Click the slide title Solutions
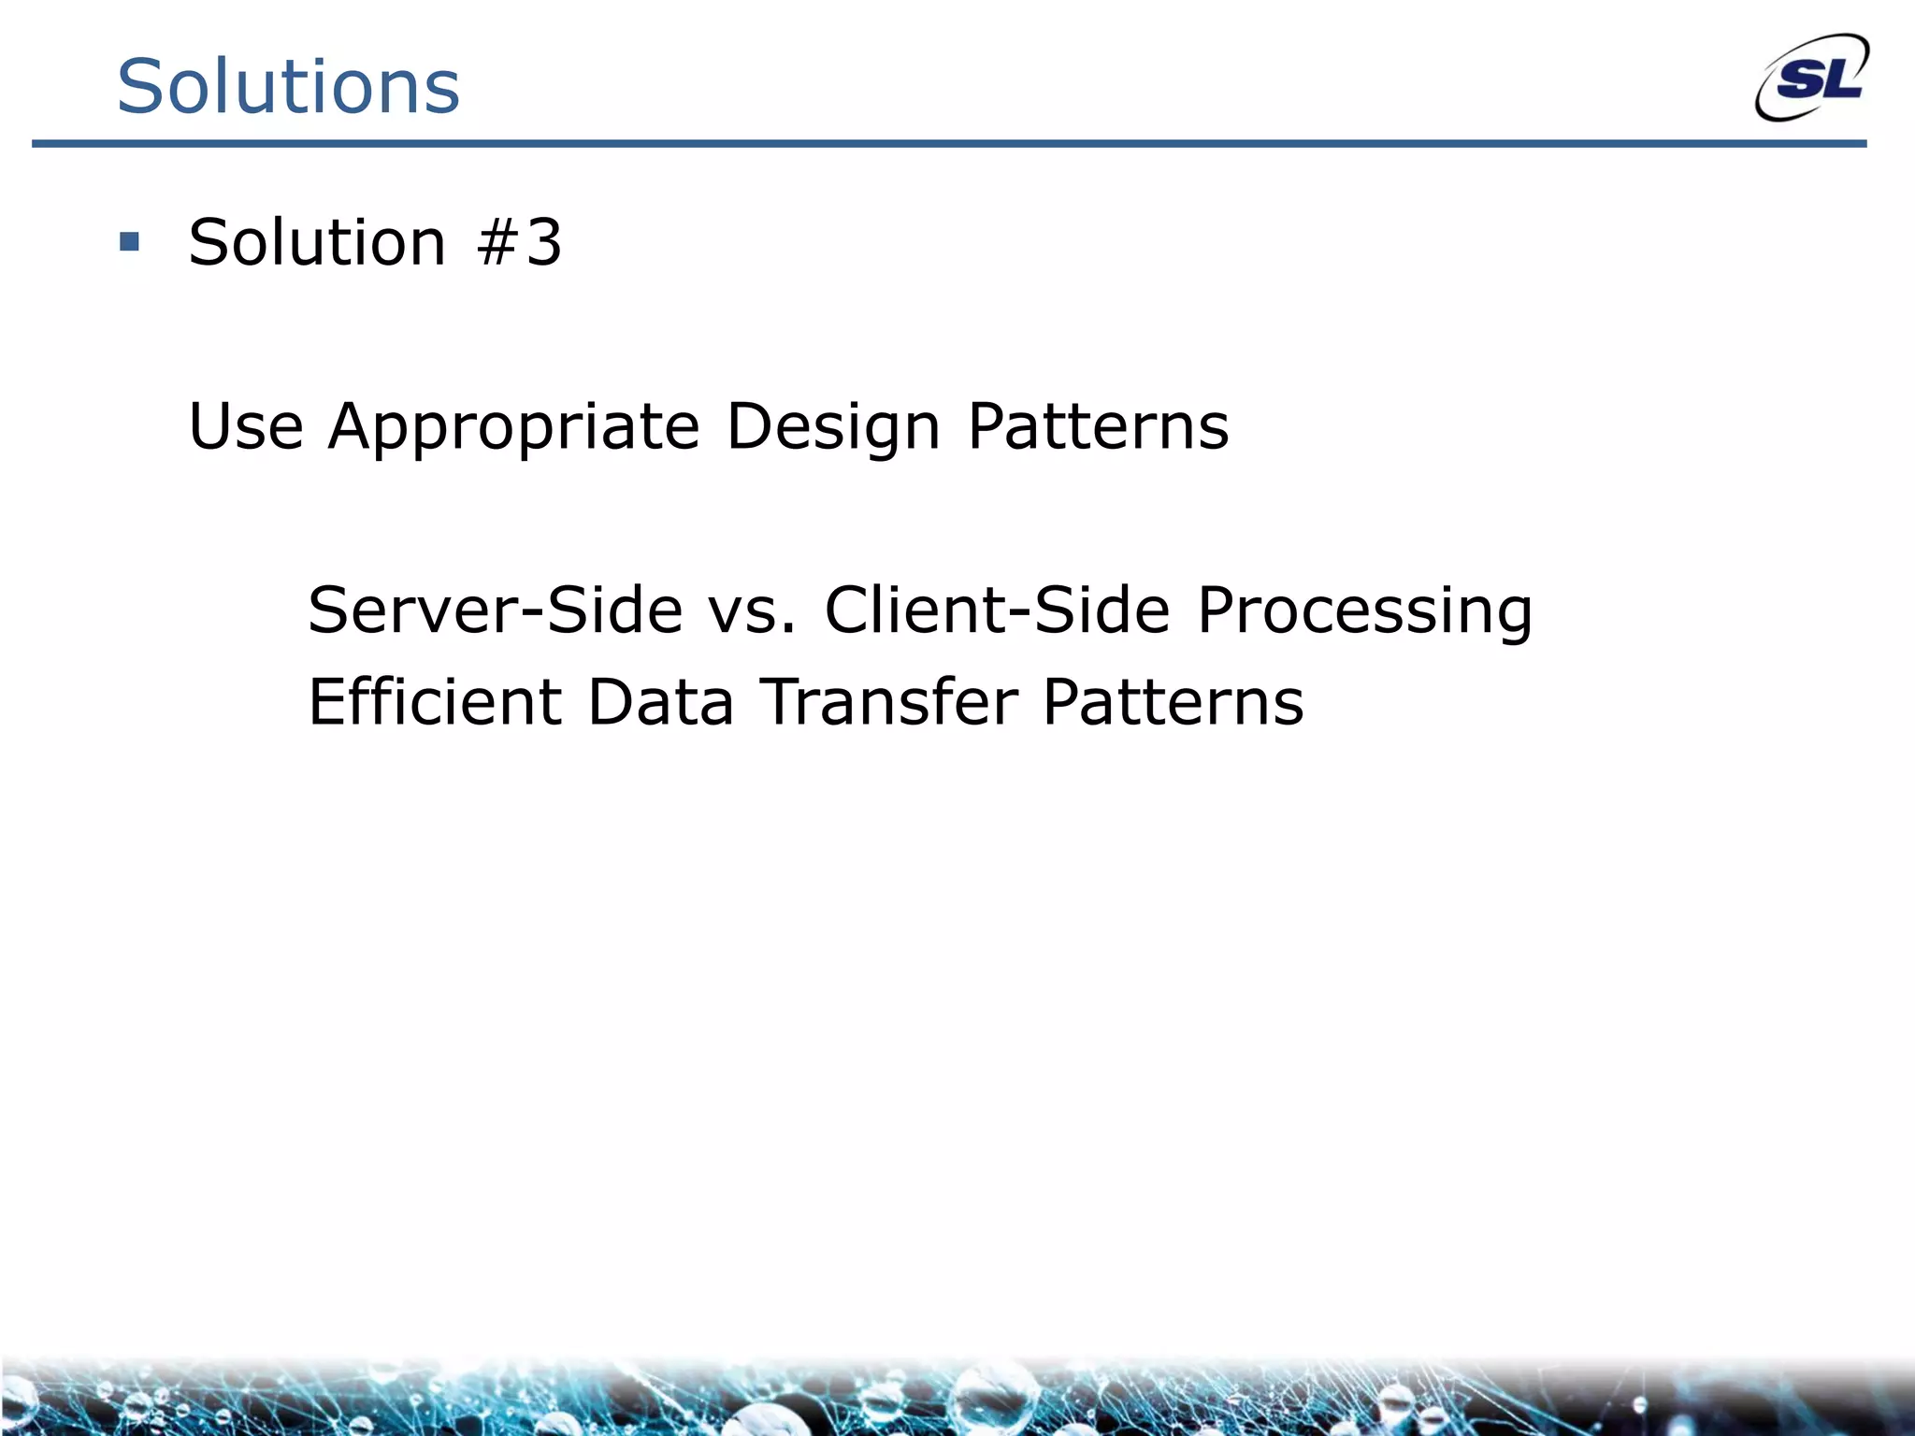click(x=288, y=86)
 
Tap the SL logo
click(x=1811, y=79)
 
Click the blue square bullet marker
click(x=130, y=243)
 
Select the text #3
click(x=519, y=243)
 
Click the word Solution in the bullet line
click(x=317, y=243)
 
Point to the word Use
click(x=246, y=426)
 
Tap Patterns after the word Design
click(x=1098, y=426)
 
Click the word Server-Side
click(x=495, y=610)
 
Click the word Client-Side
click(x=997, y=610)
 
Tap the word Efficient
click(x=435, y=701)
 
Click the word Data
click(x=660, y=701)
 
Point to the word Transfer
click(x=887, y=701)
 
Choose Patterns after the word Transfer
click(x=1173, y=701)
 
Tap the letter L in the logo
click(x=1843, y=79)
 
